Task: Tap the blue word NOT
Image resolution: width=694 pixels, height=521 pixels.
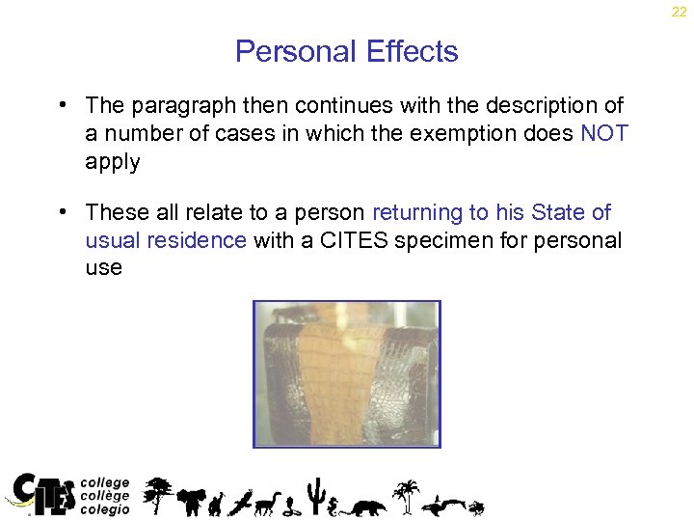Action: coord(604,133)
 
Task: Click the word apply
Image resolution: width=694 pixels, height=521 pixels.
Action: coord(112,162)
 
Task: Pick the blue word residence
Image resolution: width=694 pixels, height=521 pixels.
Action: coord(200,240)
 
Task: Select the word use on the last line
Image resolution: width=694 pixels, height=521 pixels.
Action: coord(103,268)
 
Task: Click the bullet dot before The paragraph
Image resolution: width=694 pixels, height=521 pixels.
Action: coord(61,104)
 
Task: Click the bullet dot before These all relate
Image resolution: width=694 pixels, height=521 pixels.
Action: coord(61,211)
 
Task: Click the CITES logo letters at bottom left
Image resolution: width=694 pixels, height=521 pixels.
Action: coord(43,493)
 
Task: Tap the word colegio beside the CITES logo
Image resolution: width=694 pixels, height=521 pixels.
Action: coord(105,509)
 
